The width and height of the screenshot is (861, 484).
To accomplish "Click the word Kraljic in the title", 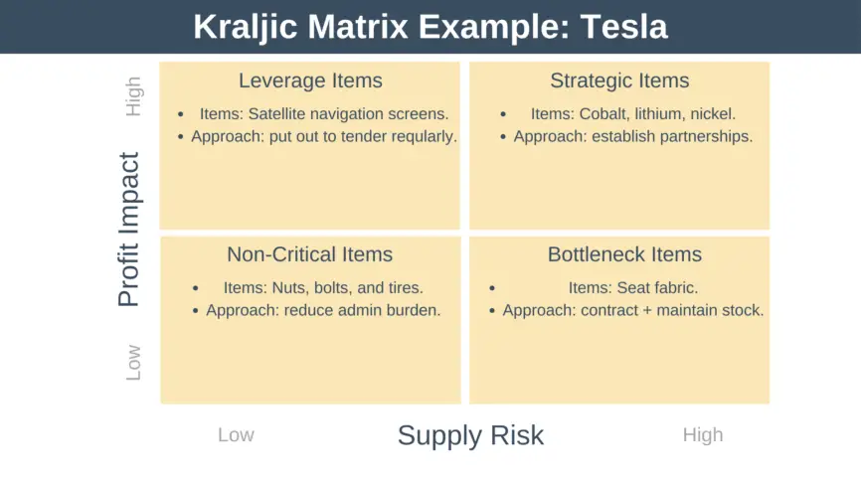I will pyautogui.click(x=244, y=27).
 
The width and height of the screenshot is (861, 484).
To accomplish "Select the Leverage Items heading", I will pyautogui.click(x=310, y=81).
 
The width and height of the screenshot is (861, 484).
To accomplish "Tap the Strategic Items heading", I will pyautogui.click(x=619, y=81).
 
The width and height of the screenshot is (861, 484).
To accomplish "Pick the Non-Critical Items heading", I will pyautogui.click(x=310, y=254).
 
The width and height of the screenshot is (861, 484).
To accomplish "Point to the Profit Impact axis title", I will pyautogui.click(x=129, y=230).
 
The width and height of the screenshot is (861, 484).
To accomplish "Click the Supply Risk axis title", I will pyautogui.click(x=470, y=435).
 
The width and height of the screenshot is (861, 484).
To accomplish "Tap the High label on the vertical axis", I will pyautogui.click(x=133, y=96).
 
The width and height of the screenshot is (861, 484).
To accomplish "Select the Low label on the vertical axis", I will pyautogui.click(x=133, y=363).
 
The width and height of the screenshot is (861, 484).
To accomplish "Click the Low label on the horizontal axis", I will pyautogui.click(x=236, y=435).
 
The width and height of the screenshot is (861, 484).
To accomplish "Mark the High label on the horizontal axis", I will pyautogui.click(x=702, y=435).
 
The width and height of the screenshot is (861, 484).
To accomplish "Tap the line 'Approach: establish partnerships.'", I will pyautogui.click(x=633, y=137).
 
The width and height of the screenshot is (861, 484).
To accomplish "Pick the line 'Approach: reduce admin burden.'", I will pyautogui.click(x=323, y=310).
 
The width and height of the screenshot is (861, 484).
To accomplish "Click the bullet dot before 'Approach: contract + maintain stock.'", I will pyautogui.click(x=492, y=311).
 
